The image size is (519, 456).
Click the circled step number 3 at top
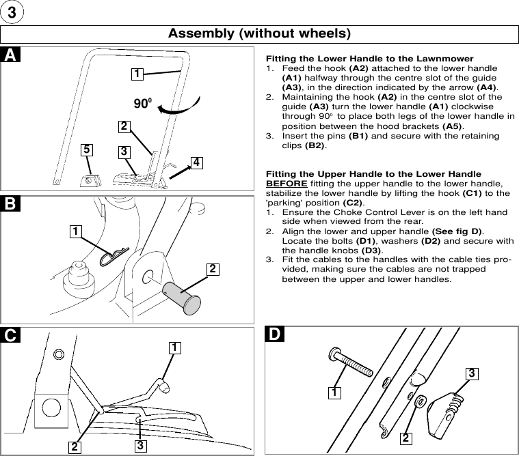pos(12,12)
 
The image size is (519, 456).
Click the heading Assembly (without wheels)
pos(259,33)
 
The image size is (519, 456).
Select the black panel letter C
pos(10,334)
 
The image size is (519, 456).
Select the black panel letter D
pos(274,334)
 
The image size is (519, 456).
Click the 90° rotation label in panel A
pos(142,104)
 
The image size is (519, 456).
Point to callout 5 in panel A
pos(86,149)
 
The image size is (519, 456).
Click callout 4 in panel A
pos(196,162)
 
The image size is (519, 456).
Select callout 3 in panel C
pos(139,445)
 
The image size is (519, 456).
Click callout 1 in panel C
pos(176,347)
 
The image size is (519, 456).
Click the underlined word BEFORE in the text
pos(285,183)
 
